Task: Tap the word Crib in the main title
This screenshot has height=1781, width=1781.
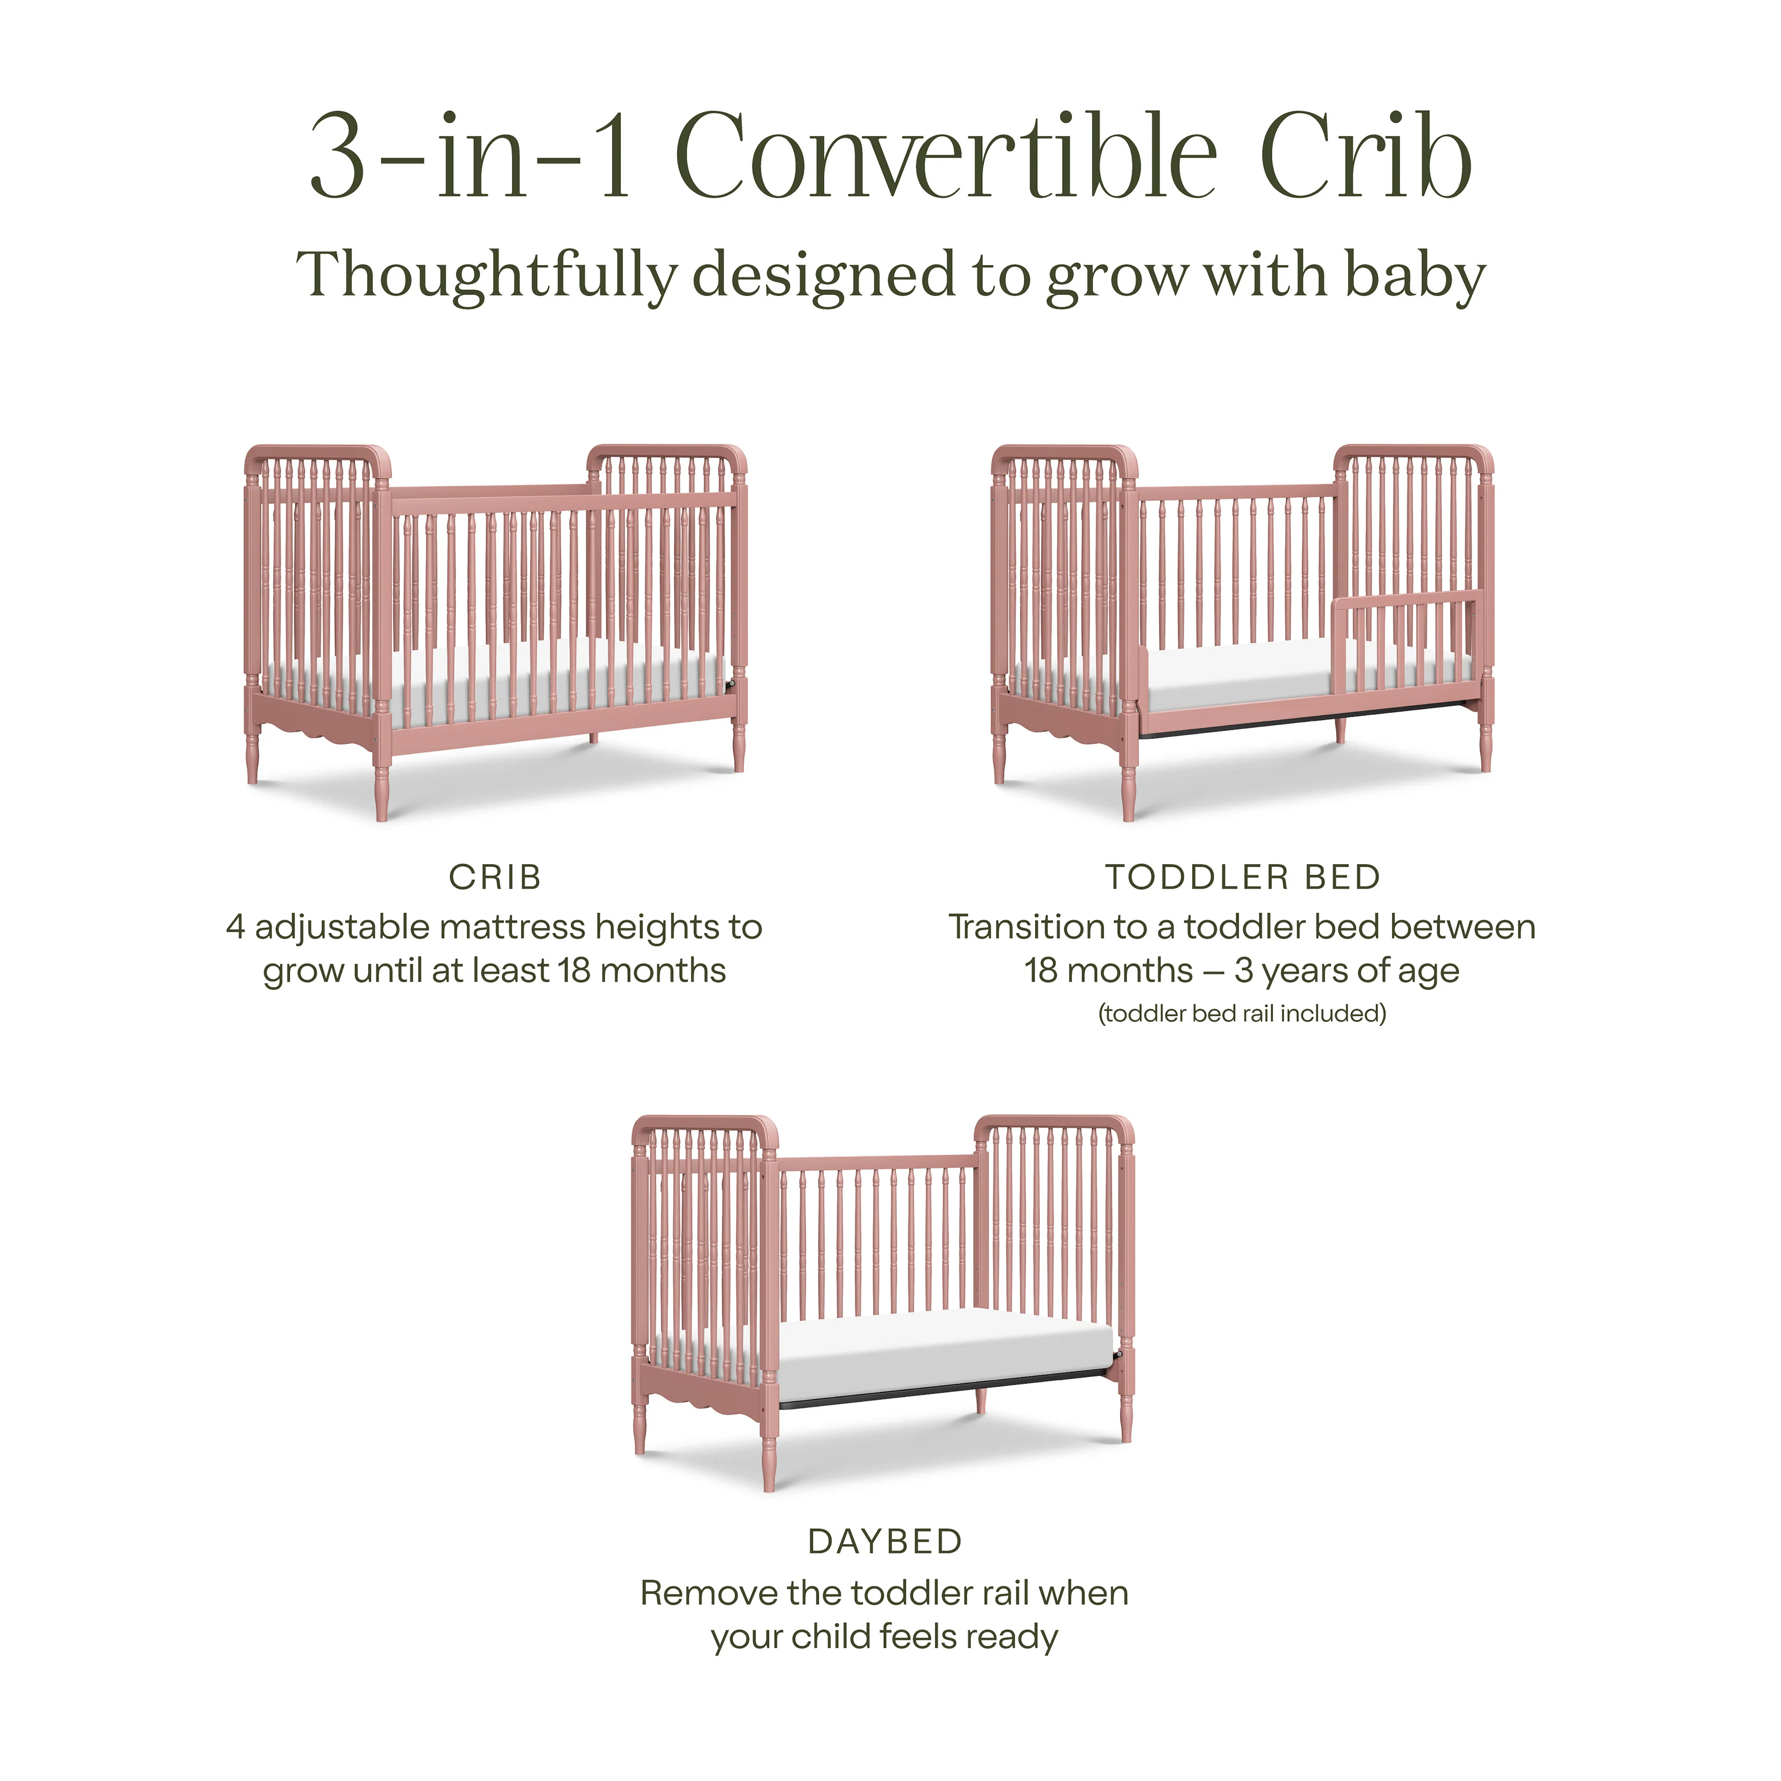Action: (x=1364, y=157)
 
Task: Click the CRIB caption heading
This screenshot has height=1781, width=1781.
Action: (x=495, y=877)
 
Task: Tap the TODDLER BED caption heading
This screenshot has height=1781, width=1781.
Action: (x=1243, y=877)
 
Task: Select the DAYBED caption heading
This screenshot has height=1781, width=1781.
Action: (x=885, y=1541)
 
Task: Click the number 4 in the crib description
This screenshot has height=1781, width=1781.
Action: (x=236, y=928)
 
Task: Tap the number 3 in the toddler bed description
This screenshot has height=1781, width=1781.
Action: (x=1243, y=971)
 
